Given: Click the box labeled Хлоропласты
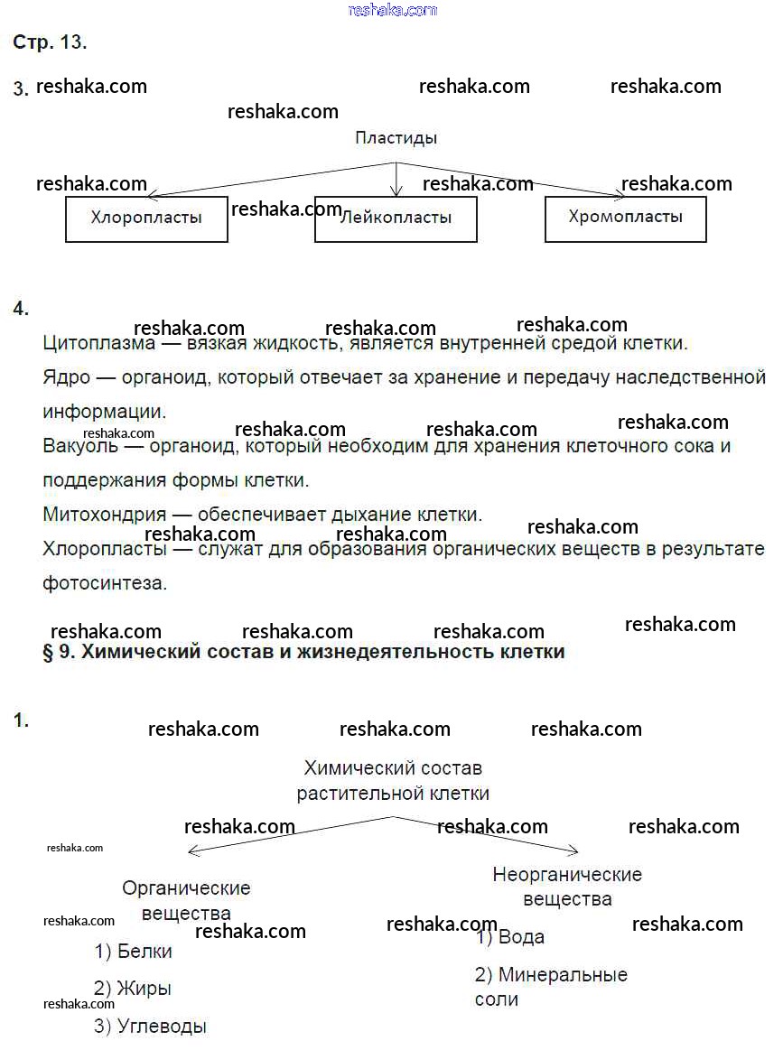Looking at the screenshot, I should [146, 218].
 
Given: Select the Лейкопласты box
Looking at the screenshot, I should [396, 218].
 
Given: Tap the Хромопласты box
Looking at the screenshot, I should [625, 218].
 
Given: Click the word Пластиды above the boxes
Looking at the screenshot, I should [396, 138].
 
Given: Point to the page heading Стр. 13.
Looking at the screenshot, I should [50, 42].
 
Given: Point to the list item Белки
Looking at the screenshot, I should [144, 952].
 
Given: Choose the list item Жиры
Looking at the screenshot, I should [144, 989].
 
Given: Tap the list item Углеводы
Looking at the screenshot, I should [162, 1027].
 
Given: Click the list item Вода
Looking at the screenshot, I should [521, 937].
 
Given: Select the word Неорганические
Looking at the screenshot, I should [567, 874].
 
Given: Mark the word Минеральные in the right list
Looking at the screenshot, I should [563, 975].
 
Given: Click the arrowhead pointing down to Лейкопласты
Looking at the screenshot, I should [396, 190].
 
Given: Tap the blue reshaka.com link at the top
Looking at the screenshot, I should [392, 10].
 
